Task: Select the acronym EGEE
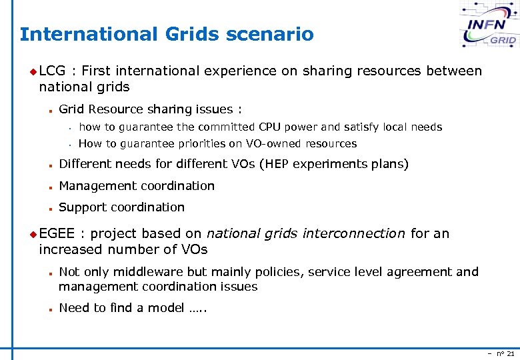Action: click(x=57, y=233)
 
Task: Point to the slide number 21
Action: click(x=510, y=353)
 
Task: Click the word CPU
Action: click(x=270, y=127)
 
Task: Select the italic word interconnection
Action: click(x=353, y=233)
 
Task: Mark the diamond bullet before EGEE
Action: click(x=34, y=234)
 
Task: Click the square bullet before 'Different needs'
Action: click(x=50, y=165)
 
